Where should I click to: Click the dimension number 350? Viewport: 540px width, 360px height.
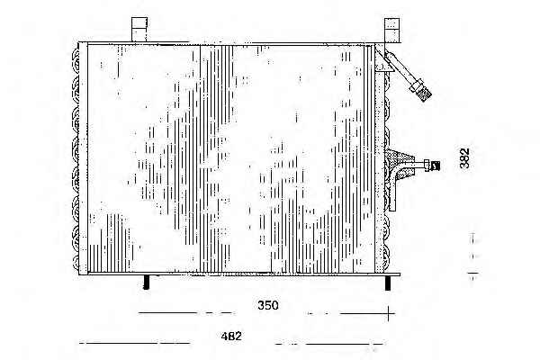pos(267,305)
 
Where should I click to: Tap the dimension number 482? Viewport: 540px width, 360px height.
pos(231,336)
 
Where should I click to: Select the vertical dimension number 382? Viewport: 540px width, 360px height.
pos(464,158)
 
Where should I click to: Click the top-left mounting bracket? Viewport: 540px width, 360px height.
pos(139,30)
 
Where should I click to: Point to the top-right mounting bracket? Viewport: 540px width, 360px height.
pos(391,30)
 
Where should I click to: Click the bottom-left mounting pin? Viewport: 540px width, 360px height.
pos(147,282)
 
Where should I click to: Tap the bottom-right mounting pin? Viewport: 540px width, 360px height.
pos(388,283)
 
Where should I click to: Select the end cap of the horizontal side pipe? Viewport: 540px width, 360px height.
pos(434,166)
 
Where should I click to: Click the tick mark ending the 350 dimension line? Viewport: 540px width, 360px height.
pos(389,313)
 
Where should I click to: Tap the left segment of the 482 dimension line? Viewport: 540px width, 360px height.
pos(134,343)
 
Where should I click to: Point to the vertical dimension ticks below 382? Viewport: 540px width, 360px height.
pos(473,256)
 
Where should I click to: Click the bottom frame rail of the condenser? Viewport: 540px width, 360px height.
pos(239,274)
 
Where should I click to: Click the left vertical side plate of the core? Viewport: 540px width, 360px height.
pos(83,158)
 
